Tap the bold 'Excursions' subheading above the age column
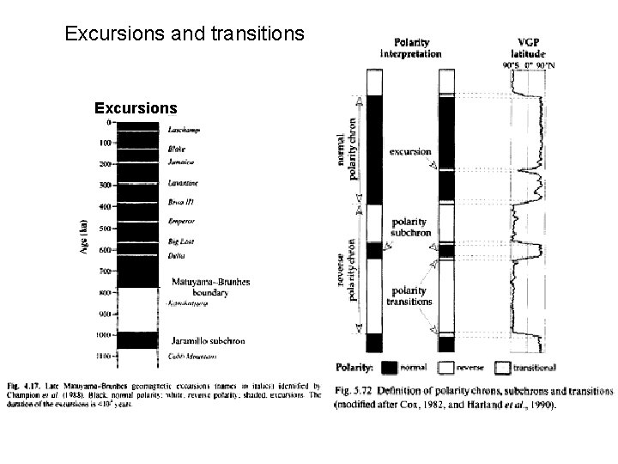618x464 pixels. (x=136, y=109)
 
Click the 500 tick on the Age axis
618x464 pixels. (x=104, y=229)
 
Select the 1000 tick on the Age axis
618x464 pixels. (x=103, y=335)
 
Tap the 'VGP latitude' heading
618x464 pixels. (x=532, y=46)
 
